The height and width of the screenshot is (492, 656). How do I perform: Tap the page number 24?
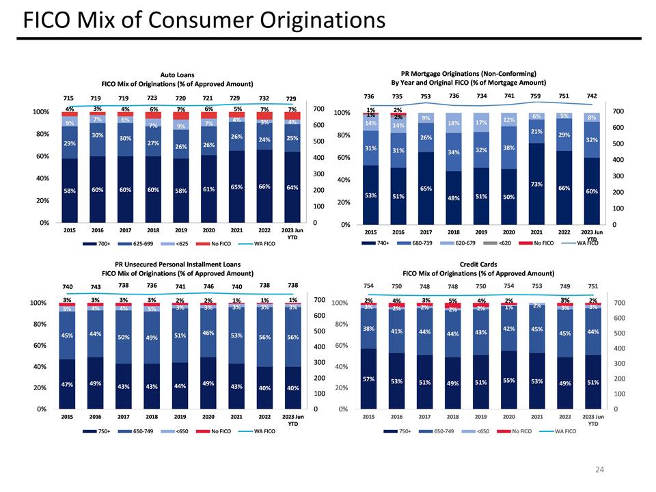click(x=600, y=469)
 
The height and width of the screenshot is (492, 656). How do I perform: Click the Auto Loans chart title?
click(x=176, y=74)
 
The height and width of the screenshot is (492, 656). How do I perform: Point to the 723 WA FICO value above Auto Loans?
click(x=152, y=98)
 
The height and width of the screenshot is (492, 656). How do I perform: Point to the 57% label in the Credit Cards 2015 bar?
click(x=368, y=379)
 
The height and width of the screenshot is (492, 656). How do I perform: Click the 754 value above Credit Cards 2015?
click(x=368, y=285)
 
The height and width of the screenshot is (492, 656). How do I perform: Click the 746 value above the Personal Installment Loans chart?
click(x=208, y=286)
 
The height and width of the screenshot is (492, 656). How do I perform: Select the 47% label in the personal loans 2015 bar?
click(x=68, y=385)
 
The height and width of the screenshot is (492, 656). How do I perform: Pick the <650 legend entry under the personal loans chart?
click(x=183, y=431)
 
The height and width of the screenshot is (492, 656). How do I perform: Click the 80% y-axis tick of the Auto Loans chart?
click(x=39, y=134)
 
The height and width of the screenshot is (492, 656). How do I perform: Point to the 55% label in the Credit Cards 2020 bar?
click(x=508, y=380)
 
